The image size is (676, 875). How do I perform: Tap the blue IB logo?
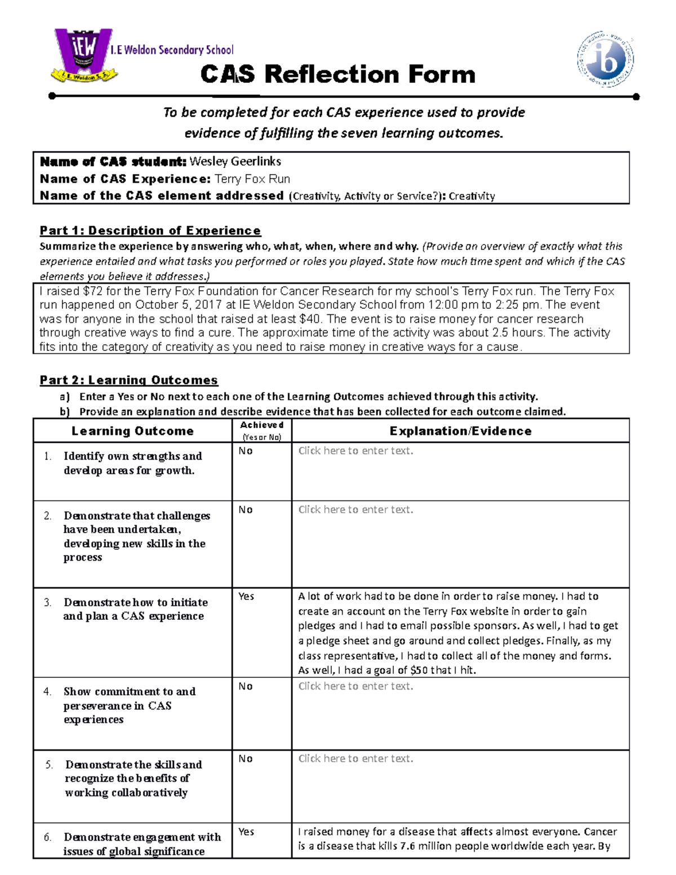606,59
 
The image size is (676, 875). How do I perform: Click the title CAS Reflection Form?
338,74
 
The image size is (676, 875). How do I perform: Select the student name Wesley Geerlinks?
235,162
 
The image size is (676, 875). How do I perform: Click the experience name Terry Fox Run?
252,179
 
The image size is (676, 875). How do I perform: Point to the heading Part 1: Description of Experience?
150,230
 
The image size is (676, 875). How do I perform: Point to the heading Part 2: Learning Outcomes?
128,380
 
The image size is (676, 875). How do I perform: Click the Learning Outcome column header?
132,431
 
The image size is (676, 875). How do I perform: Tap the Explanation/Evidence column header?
460,431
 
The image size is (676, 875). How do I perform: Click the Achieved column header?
261,430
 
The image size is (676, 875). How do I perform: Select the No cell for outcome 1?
246,451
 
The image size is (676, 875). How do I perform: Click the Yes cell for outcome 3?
246,596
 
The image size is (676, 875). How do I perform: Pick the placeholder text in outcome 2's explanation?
355,509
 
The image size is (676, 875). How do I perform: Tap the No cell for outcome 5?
246,758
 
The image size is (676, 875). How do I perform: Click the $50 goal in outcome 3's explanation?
419,670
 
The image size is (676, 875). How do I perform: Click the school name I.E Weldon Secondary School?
172,50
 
